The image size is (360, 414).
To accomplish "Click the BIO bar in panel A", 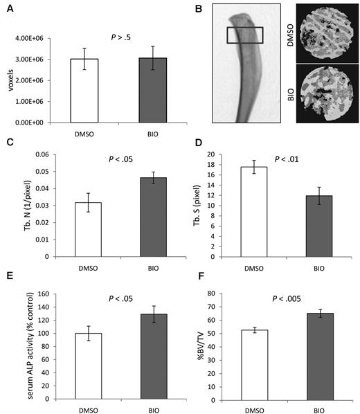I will click(138, 90).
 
